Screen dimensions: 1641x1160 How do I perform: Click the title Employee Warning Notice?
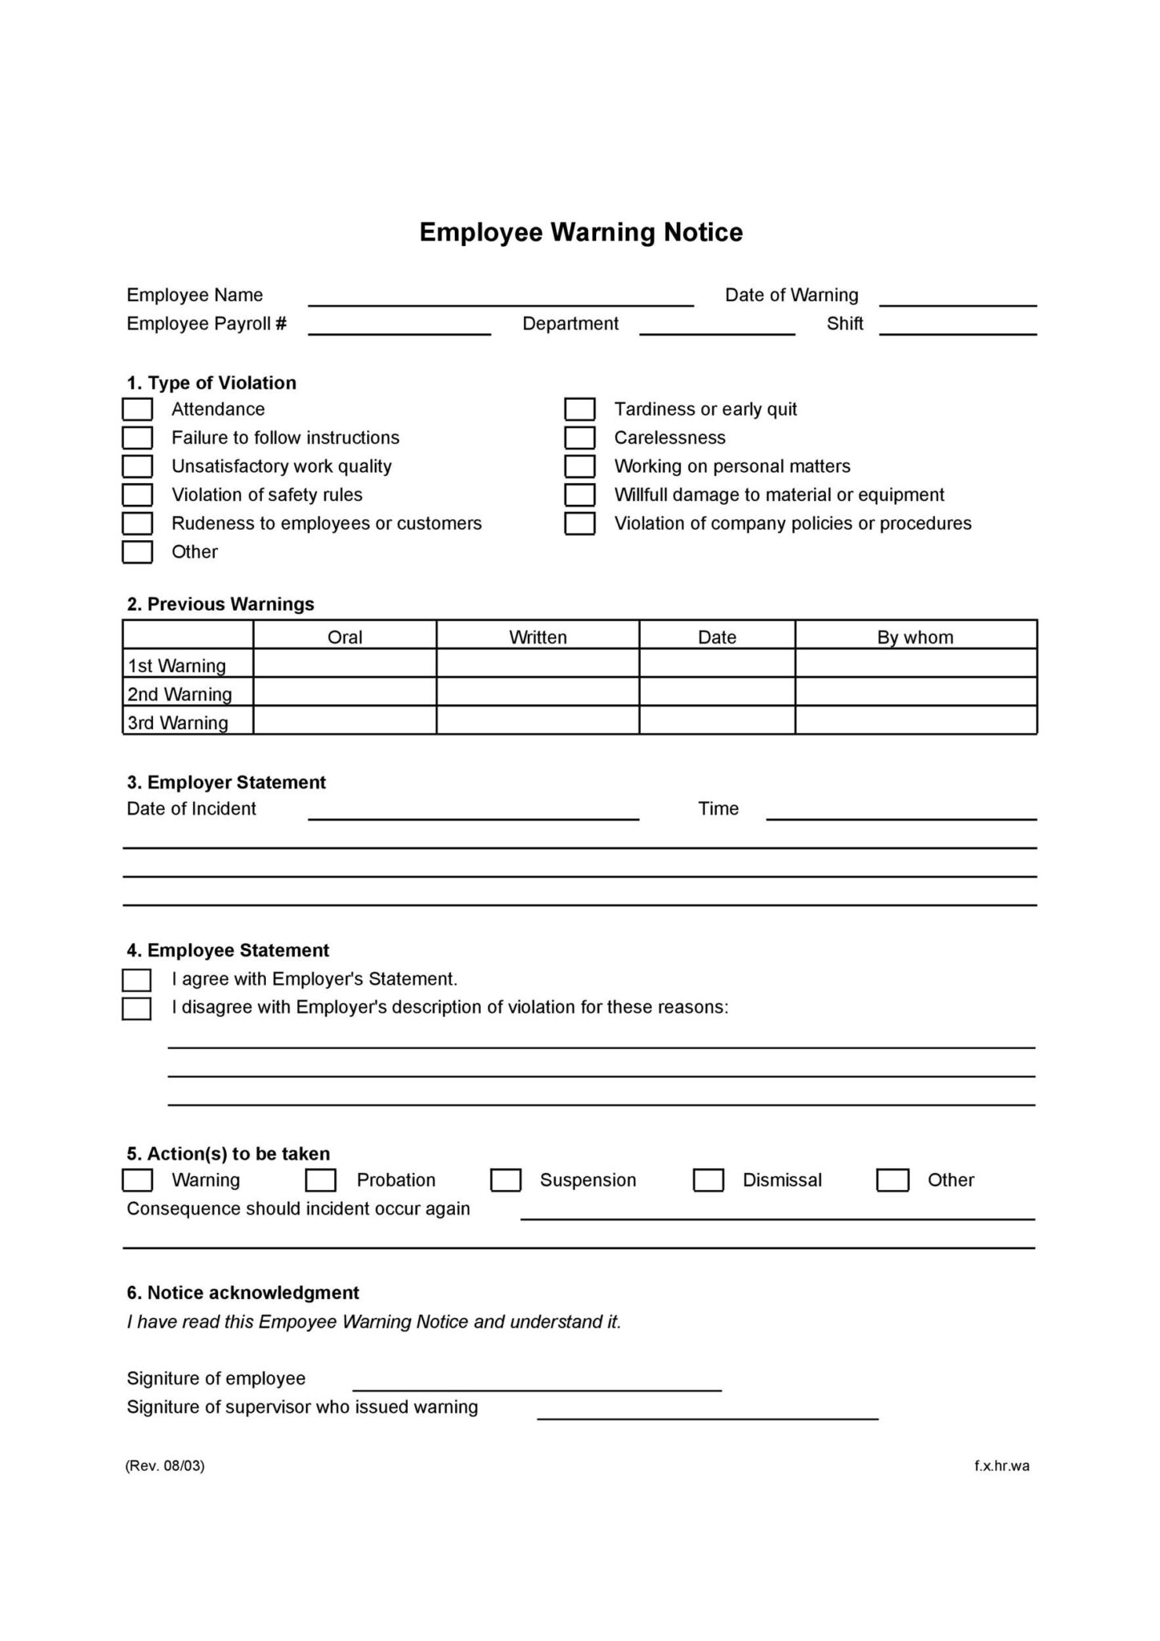click(x=581, y=232)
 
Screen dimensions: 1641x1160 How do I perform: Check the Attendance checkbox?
click(x=137, y=409)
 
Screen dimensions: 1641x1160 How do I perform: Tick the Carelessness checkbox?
click(x=579, y=438)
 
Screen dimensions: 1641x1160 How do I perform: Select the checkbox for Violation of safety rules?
click(x=137, y=495)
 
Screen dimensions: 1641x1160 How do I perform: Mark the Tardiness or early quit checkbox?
click(x=579, y=409)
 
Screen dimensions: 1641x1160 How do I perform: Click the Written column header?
click(x=538, y=637)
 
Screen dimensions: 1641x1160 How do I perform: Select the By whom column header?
click(x=915, y=637)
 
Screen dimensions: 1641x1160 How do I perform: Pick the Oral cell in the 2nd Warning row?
click(x=344, y=692)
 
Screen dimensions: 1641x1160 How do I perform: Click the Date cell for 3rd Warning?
click(x=717, y=720)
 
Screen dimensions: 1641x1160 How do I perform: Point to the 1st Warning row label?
click(x=177, y=665)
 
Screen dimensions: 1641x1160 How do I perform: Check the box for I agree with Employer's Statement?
click(x=136, y=980)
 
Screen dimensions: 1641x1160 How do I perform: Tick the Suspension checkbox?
click(x=505, y=1180)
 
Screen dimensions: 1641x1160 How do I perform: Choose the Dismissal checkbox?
click(x=708, y=1180)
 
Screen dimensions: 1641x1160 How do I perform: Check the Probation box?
click(x=320, y=1180)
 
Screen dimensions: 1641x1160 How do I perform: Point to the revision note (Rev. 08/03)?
click(x=165, y=1466)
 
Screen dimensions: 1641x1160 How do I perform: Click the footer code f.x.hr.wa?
click(x=1001, y=1466)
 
